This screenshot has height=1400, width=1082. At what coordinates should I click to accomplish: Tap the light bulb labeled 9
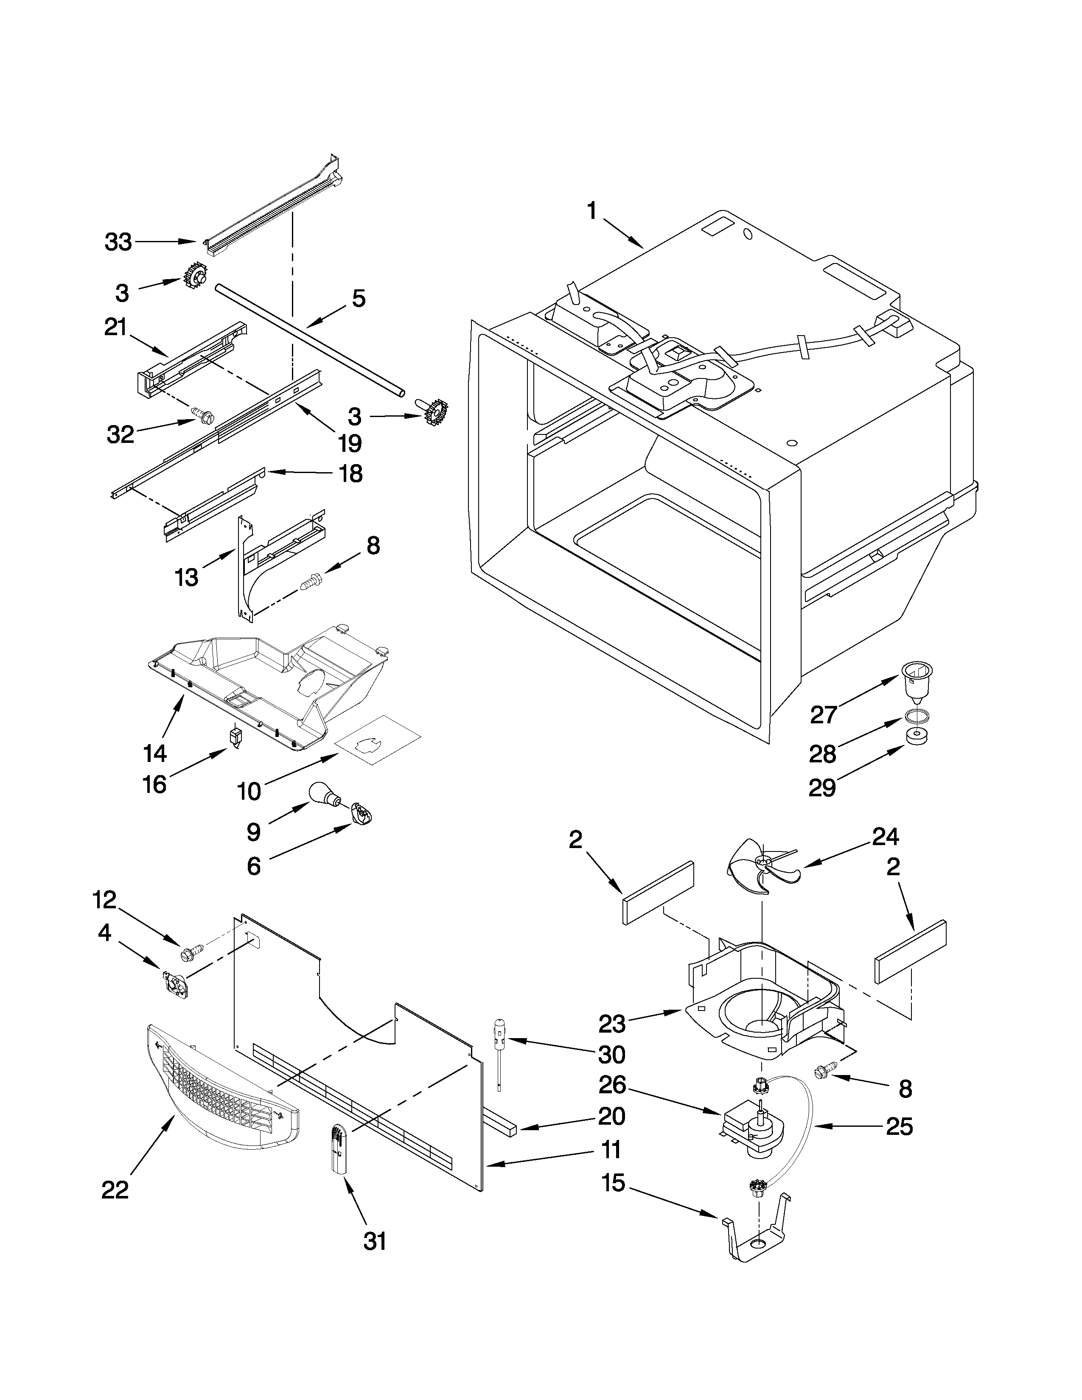(322, 794)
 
